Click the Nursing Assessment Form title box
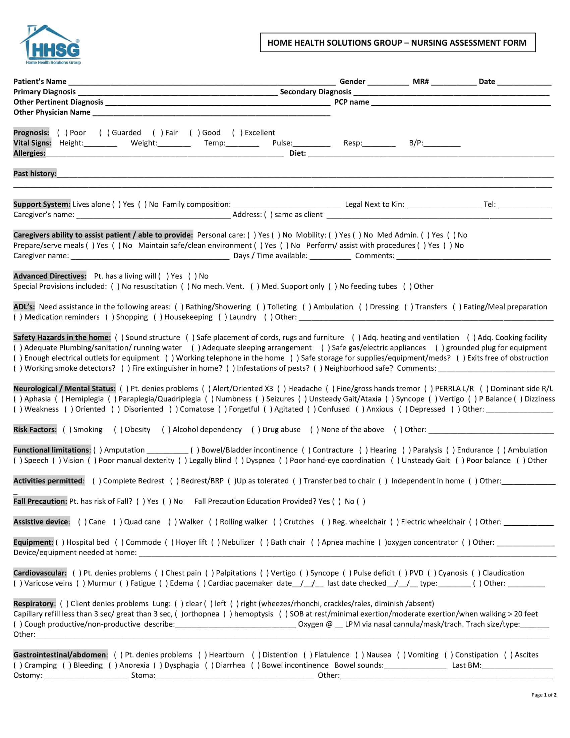coord(397,43)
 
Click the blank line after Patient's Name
coord(202,82)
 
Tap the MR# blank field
coord(454,82)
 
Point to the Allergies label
coord(30,153)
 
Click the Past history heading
coord(35,174)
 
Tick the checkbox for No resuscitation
coord(115,286)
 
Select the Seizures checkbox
coord(260,399)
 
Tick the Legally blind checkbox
coord(183,461)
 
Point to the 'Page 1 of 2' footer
coord(543,695)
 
